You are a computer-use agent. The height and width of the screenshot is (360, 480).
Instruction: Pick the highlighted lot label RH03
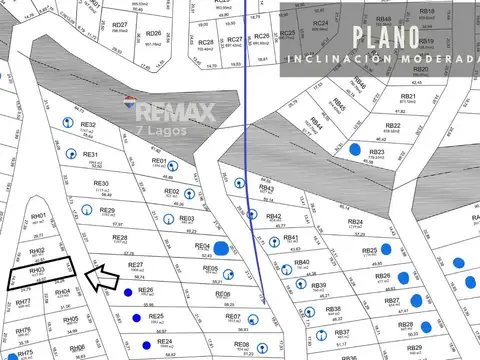(38, 270)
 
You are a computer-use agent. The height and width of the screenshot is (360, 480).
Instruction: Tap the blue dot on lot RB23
(355, 149)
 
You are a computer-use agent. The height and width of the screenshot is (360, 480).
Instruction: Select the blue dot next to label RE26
(127, 293)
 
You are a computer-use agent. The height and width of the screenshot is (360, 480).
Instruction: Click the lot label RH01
(38, 216)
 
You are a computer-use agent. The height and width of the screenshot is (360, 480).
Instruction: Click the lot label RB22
(393, 125)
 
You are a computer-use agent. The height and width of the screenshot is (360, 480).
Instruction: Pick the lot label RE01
(158, 160)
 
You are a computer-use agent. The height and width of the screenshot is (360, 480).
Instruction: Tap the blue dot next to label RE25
(135, 318)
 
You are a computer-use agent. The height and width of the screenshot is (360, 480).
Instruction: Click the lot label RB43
(267, 187)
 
